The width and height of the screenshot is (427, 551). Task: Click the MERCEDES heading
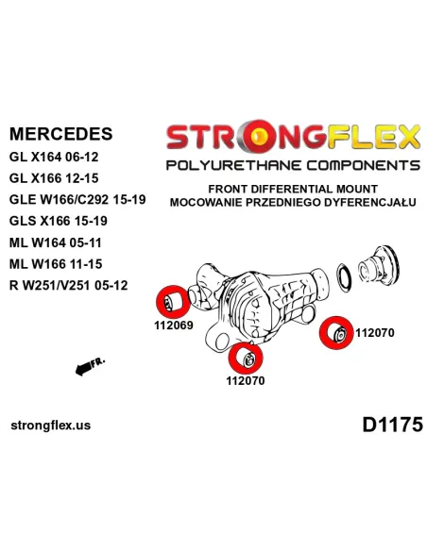click(60, 134)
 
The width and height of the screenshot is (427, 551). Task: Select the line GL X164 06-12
click(54, 157)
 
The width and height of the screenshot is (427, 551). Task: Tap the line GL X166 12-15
click(54, 178)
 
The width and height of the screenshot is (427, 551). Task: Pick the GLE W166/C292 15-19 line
click(77, 200)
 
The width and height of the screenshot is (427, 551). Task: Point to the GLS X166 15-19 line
click(59, 221)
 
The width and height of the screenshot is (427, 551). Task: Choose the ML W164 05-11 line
click(56, 242)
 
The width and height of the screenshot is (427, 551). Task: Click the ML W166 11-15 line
click(56, 264)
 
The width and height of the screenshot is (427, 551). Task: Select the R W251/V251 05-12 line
click(69, 285)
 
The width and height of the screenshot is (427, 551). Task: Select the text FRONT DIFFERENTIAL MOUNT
click(293, 189)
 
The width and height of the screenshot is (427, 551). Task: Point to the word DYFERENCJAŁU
click(370, 203)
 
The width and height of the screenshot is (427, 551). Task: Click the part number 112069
click(174, 326)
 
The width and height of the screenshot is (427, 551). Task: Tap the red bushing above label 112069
click(172, 302)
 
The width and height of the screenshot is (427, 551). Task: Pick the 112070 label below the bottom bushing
click(246, 380)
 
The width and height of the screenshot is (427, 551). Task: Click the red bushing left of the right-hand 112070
click(336, 333)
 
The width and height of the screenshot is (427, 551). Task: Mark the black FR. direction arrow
click(83, 369)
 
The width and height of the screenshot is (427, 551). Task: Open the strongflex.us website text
click(51, 426)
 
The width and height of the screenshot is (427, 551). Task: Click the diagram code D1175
click(392, 425)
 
